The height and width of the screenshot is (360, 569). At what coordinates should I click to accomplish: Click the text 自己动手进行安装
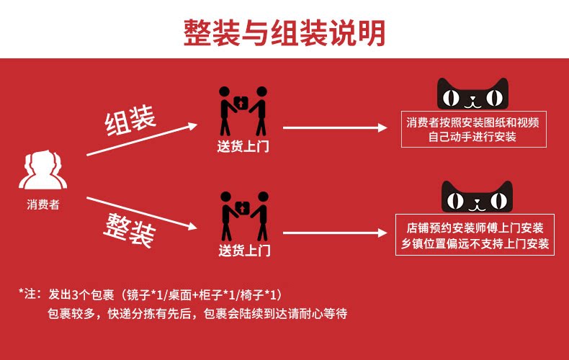click(472, 136)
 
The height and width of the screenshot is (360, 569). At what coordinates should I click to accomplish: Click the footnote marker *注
click(30, 294)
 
